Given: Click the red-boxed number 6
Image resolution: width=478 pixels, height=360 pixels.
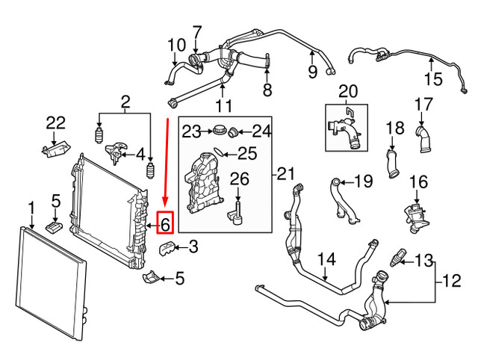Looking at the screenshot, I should coord(166,222).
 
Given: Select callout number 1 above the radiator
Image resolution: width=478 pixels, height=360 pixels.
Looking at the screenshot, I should coord(31,207).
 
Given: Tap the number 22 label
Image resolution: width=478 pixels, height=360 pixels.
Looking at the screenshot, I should coord(55,122).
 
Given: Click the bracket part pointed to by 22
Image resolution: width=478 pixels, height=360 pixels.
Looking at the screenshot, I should coord(50,151).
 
